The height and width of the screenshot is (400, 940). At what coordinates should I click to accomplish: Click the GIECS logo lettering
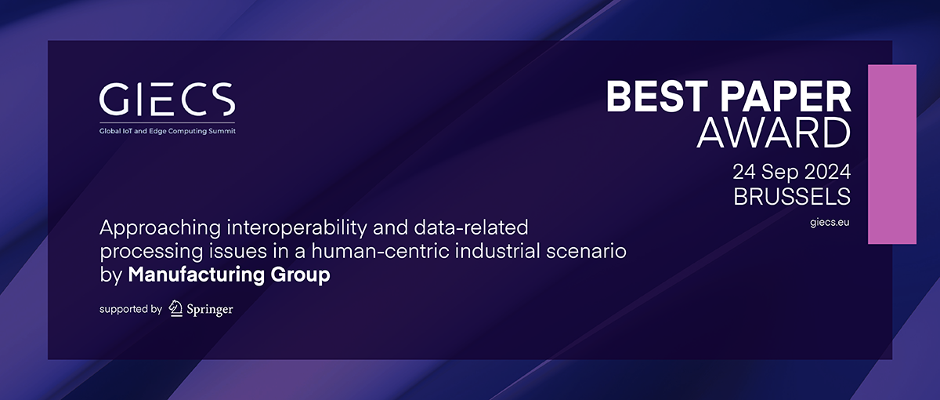pyautogui.click(x=167, y=99)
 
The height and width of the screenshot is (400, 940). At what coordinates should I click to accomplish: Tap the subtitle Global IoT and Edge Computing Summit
pyautogui.click(x=167, y=131)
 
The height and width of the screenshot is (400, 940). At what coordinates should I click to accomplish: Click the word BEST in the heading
pyautogui.click(x=657, y=96)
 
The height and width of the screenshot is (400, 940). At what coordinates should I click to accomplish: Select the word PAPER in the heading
pyautogui.click(x=786, y=96)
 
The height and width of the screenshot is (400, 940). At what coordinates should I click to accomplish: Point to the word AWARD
pyautogui.click(x=773, y=133)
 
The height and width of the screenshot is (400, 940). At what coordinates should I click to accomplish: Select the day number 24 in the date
pyautogui.click(x=744, y=172)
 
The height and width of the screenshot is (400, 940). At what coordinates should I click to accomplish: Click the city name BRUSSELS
pyautogui.click(x=792, y=196)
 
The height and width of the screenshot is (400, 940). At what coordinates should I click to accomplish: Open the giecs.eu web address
pyautogui.click(x=830, y=222)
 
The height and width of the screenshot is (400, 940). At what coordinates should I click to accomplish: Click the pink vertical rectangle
pyautogui.click(x=892, y=155)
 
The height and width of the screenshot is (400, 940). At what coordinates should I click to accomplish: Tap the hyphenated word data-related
pyautogui.click(x=471, y=227)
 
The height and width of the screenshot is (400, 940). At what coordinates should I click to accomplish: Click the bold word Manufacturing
pyautogui.click(x=197, y=275)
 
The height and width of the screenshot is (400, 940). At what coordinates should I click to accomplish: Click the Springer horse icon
pyautogui.click(x=175, y=308)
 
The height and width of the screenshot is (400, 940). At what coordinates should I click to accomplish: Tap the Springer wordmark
pyautogui.click(x=210, y=310)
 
